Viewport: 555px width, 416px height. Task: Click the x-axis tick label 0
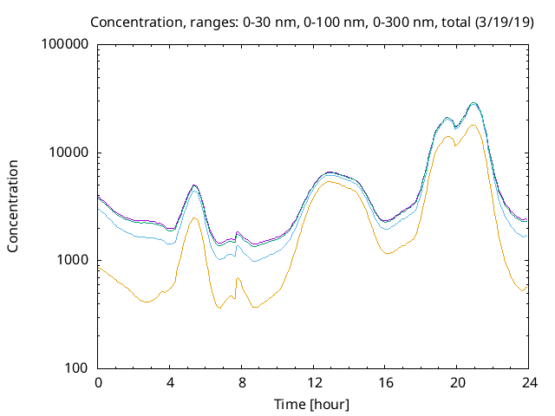click(x=98, y=383)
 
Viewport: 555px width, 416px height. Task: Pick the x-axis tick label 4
click(x=170, y=383)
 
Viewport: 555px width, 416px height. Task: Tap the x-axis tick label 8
click(x=242, y=383)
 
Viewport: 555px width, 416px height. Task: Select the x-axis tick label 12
click(x=313, y=383)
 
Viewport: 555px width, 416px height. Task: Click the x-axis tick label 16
click(x=385, y=383)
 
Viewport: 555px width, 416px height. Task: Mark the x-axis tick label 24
click(x=528, y=383)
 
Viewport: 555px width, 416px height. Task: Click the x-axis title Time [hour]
click(x=313, y=404)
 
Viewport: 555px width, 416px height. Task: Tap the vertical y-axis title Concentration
click(x=13, y=205)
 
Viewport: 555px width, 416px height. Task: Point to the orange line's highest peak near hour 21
click(x=473, y=125)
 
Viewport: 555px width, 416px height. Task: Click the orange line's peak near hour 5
click(x=194, y=218)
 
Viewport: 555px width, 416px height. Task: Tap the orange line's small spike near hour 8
click(x=238, y=277)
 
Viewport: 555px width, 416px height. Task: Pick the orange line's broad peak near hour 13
click(x=330, y=181)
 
